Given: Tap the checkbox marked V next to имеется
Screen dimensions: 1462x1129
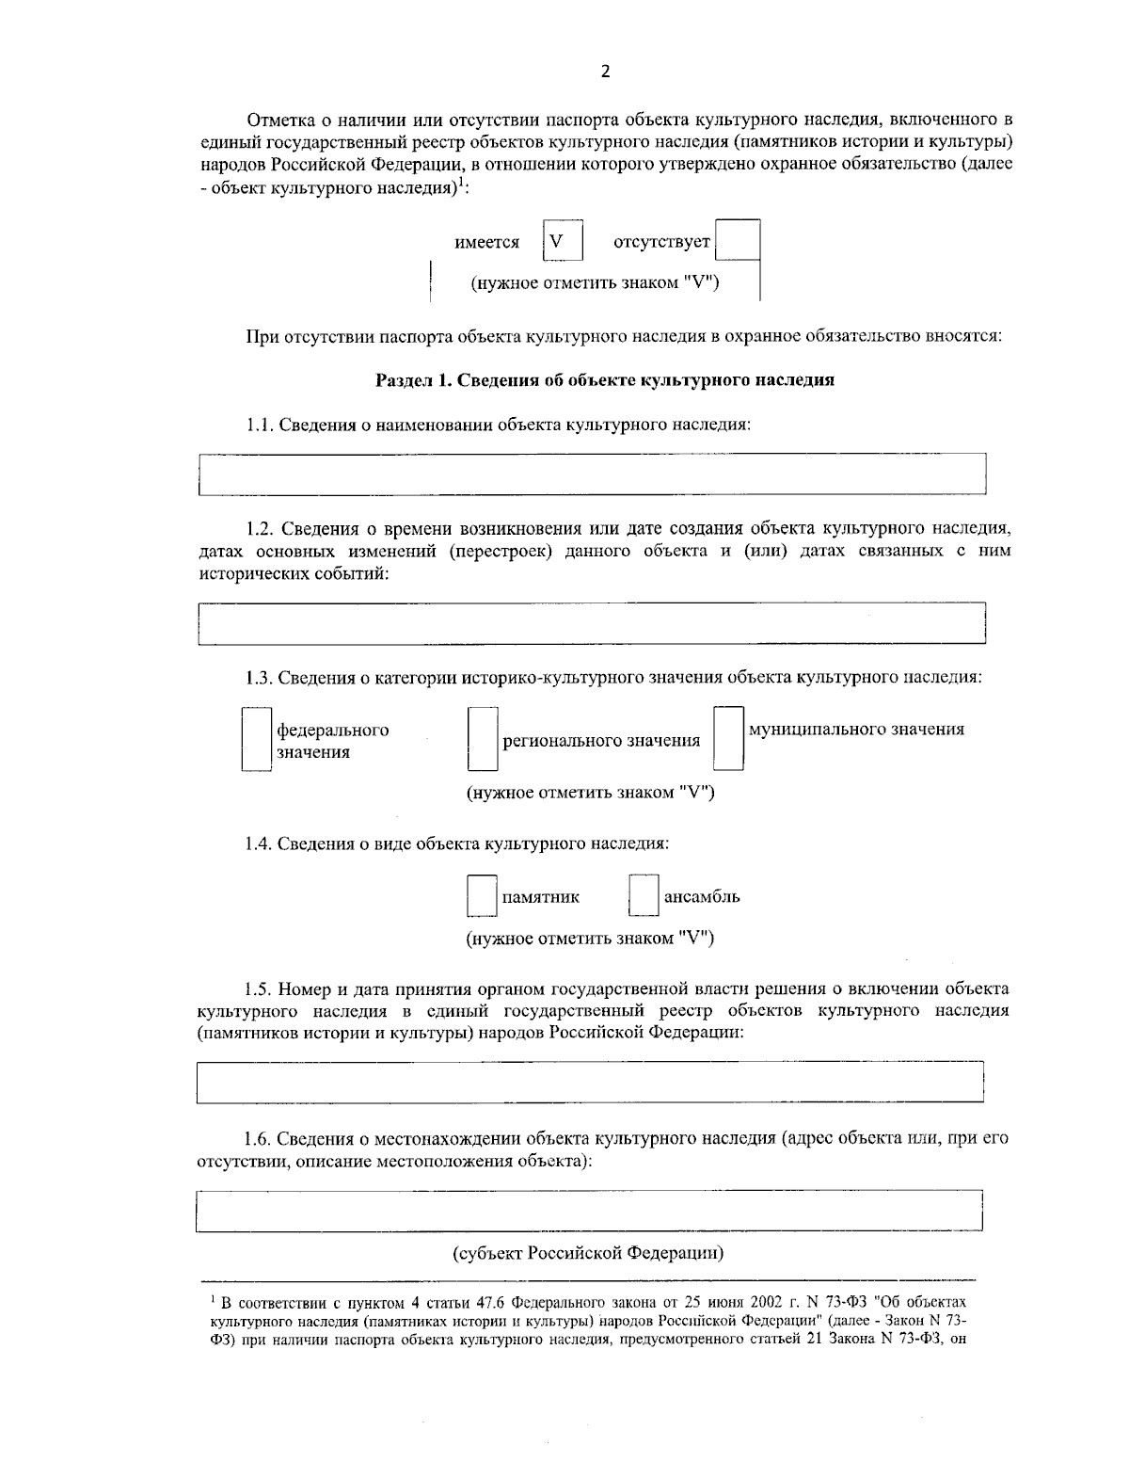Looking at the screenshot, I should pyautogui.click(x=563, y=241).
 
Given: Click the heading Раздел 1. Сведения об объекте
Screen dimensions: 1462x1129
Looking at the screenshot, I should pyautogui.click(x=605, y=380).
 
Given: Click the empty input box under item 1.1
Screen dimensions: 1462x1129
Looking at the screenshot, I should pyautogui.click(x=592, y=474).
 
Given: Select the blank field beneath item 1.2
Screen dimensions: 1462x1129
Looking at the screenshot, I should pyautogui.click(x=592, y=623).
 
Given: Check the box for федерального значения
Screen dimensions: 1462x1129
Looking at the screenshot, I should pyautogui.click(x=256, y=740).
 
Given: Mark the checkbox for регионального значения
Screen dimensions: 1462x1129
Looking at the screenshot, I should pyautogui.click(x=482, y=740).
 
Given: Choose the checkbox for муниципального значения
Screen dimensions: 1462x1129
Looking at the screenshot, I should pyautogui.click(x=728, y=739).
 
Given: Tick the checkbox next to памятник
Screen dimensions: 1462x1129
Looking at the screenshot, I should pyautogui.click(x=482, y=896).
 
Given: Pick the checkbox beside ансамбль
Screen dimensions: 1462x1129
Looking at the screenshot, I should pyautogui.click(x=644, y=896).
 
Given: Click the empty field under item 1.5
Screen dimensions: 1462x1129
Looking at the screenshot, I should pyautogui.click(x=590, y=1082).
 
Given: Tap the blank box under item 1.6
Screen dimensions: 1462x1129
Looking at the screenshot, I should pyautogui.click(x=590, y=1211).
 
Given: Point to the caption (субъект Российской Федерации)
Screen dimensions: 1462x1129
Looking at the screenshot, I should pyautogui.click(x=590, y=1254).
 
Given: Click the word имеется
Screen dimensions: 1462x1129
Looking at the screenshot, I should pyautogui.click(x=486, y=243).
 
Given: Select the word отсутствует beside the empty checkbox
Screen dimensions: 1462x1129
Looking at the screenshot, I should pyautogui.click(x=661, y=243).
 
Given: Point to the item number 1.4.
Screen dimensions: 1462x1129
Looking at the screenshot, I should pyautogui.click(x=258, y=843).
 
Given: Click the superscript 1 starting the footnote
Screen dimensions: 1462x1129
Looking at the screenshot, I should pyautogui.click(x=212, y=1299).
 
